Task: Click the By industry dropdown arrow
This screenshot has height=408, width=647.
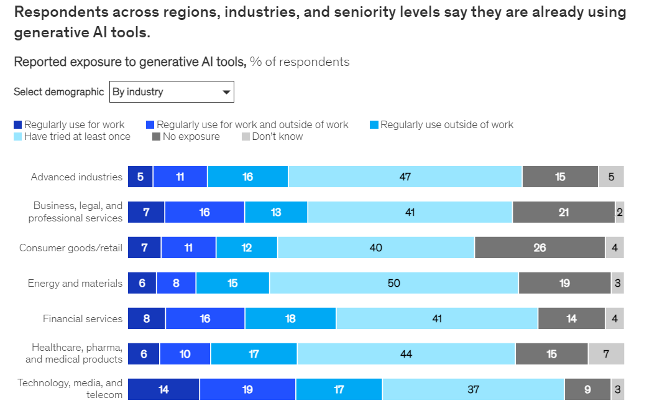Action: click(x=226, y=92)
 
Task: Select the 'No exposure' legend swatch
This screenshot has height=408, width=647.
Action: click(x=157, y=136)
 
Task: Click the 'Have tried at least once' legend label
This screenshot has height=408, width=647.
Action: click(x=77, y=136)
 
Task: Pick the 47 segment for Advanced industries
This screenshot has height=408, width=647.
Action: click(x=405, y=177)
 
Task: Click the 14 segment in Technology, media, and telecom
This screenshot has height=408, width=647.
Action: click(x=163, y=390)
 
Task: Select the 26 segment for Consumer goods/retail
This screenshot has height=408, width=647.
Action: click(x=539, y=248)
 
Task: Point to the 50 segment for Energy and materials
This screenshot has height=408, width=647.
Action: click(x=393, y=283)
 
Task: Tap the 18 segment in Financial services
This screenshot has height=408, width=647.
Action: click(x=290, y=318)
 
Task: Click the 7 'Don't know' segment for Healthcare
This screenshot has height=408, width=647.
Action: click(x=606, y=354)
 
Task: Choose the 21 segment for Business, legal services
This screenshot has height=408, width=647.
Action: click(x=563, y=212)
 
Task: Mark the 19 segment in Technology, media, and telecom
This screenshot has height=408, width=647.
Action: click(x=247, y=390)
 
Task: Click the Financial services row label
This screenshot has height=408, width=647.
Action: click(x=83, y=318)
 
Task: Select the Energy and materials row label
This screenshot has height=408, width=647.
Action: click(x=75, y=283)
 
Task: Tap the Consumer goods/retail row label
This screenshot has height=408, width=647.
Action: click(x=71, y=248)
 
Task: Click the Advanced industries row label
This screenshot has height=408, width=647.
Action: click(x=77, y=177)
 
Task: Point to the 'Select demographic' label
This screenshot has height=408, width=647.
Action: click(x=59, y=92)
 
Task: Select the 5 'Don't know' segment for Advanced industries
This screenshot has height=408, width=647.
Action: click(x=611, y=177)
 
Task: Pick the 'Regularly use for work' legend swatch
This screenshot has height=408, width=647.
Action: click(x=17, y=125)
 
